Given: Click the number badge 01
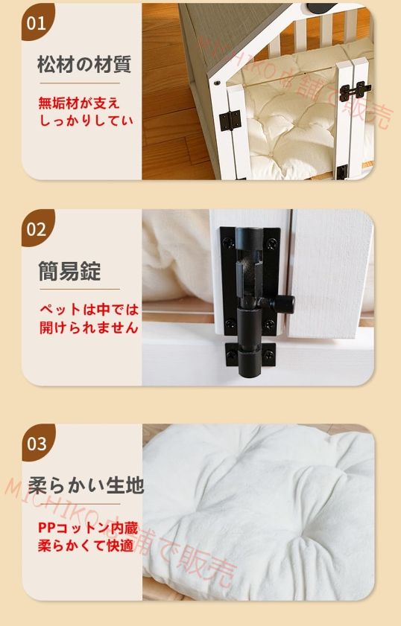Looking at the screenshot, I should (36, 22).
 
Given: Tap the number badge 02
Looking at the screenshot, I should (37, 229).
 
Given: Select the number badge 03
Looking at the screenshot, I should (37, 444).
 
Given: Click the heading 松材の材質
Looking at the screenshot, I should (83, 64).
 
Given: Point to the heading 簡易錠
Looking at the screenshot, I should (69, 271).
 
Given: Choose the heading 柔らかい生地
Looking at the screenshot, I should (86, 486).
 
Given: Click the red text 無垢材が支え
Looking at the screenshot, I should (79, 103).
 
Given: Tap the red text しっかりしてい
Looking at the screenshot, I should (86, 119).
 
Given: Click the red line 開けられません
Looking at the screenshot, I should (89, 327).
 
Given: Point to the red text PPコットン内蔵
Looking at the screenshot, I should (87, 527).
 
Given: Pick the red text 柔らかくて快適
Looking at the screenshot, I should (86, 545).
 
